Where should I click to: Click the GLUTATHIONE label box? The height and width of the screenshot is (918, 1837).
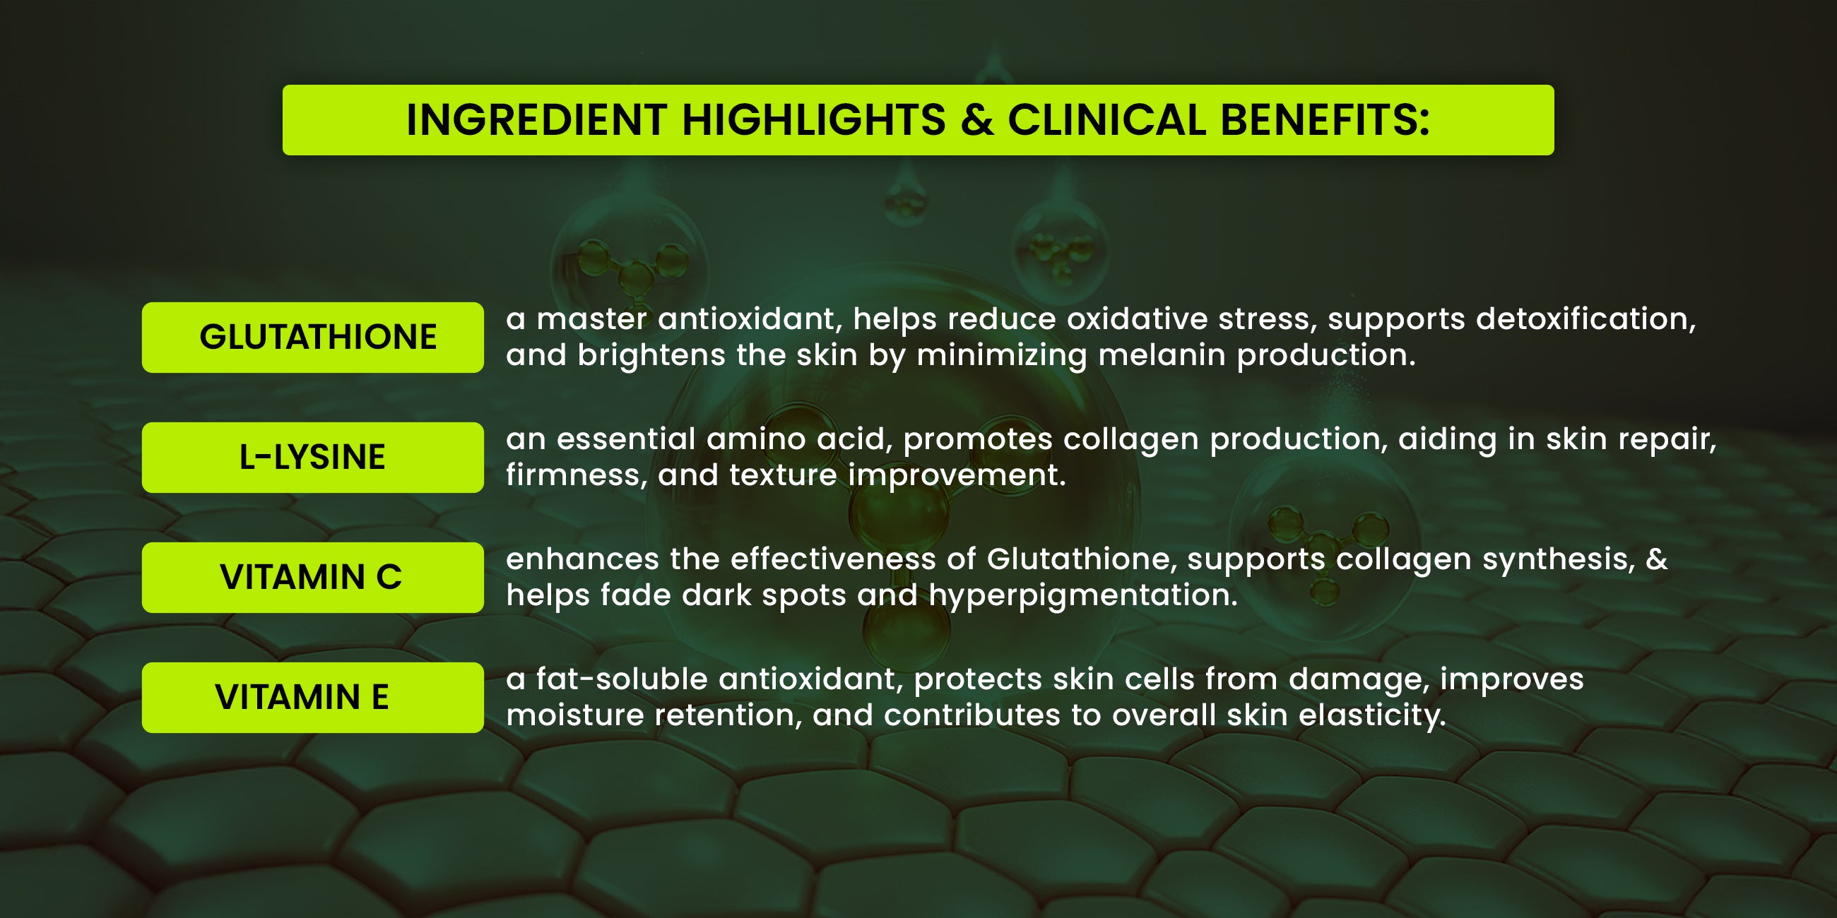[x=312, y=337]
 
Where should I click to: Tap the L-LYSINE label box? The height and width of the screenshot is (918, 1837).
[x=312, y=457]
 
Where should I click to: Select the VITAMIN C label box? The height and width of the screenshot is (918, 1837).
[x=312, y=578]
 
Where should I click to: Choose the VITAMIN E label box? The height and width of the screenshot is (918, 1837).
[x=312, y=697]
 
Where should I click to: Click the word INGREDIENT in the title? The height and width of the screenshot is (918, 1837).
[x=536, y=120]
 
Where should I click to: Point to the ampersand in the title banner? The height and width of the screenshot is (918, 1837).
[x=976, y=120]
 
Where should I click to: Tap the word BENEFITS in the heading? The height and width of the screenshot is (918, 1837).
[x=1325, y=120]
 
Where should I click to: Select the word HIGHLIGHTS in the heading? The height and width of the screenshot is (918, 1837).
[x=814, y=120]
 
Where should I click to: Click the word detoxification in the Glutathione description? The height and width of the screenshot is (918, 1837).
[x=1586, y=318]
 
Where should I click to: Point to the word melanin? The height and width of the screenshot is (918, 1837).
[x=1162, y=354]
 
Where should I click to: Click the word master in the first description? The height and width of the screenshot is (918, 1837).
[x=592, y=318]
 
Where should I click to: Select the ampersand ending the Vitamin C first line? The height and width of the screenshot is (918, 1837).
[x=1657, y=559]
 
